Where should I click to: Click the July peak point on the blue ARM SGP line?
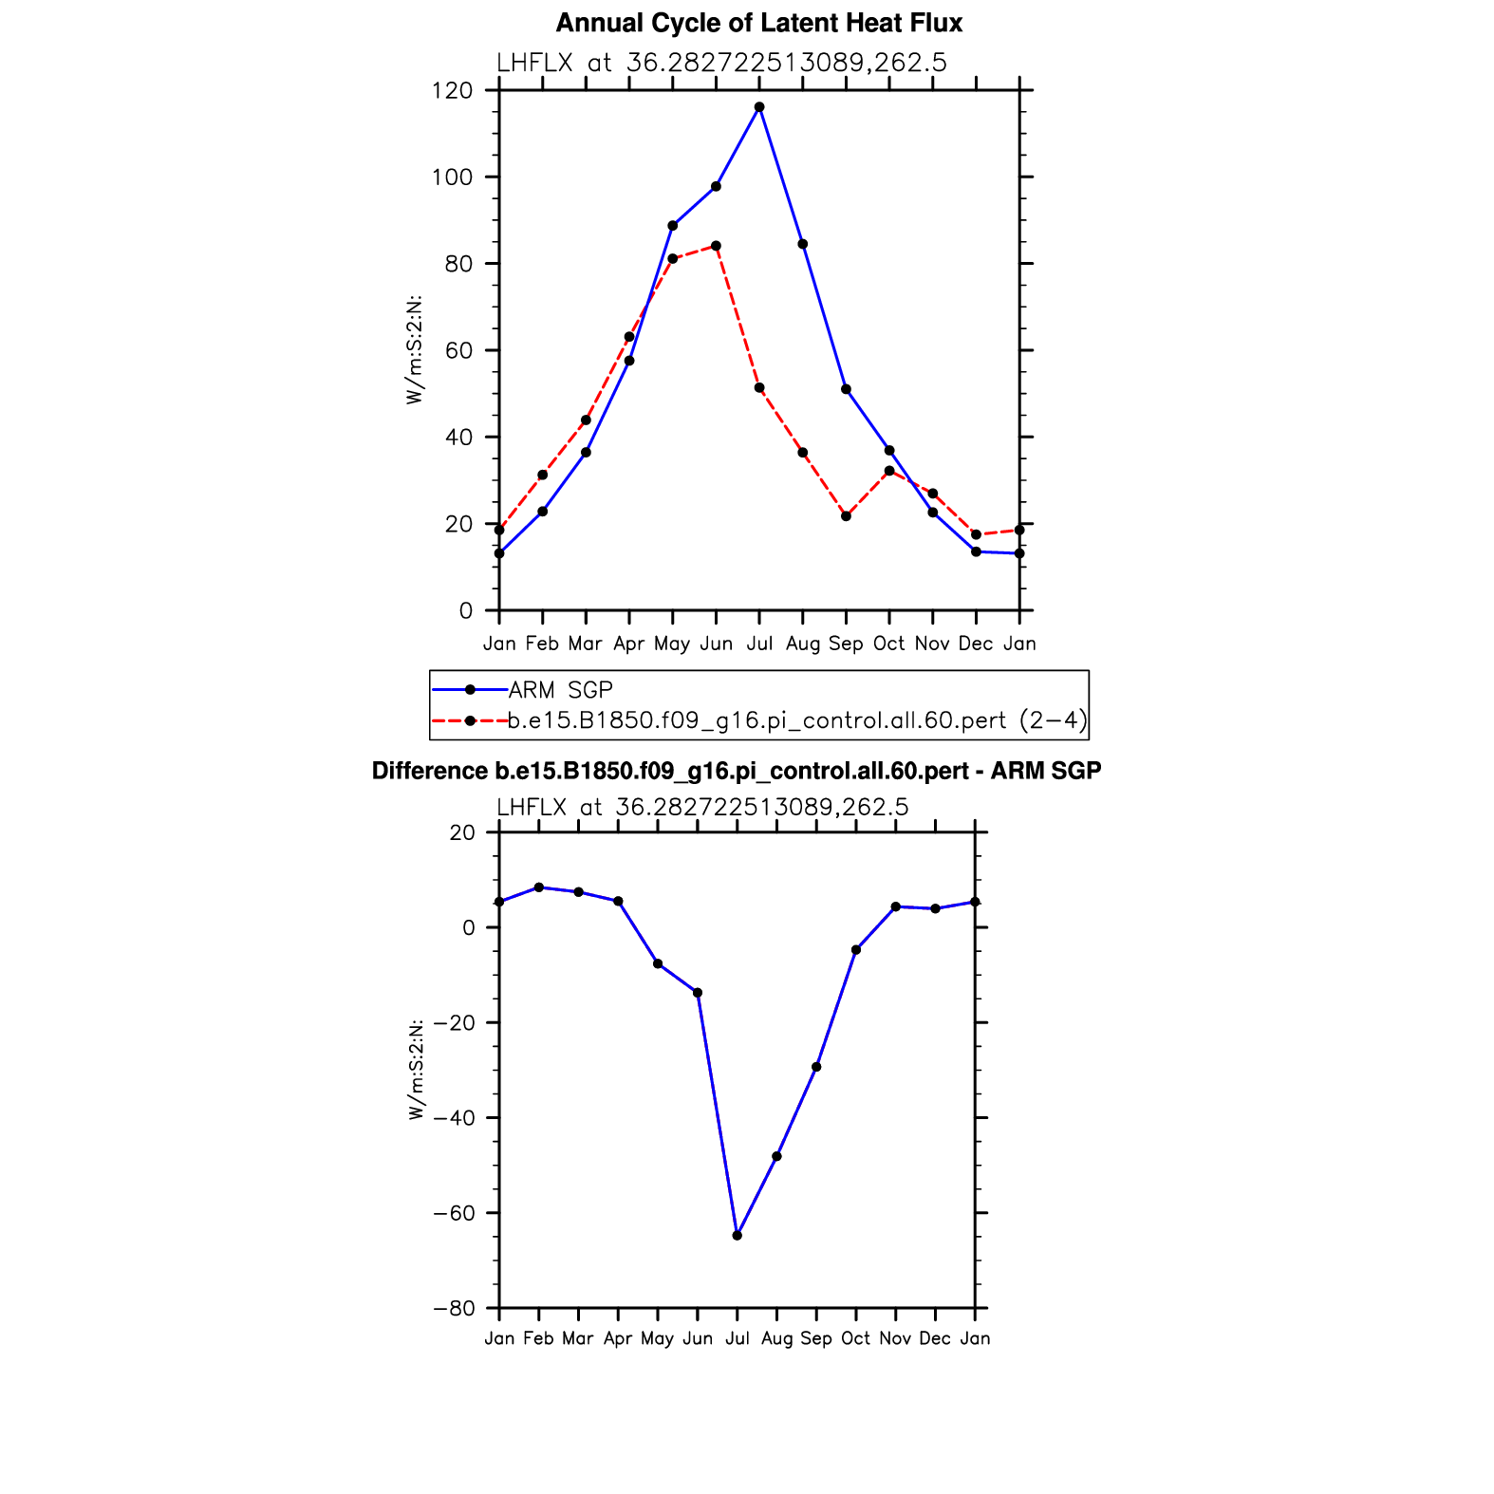tap(759, 107)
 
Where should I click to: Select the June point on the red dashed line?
tap(716, 246)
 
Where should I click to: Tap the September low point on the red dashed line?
tap(846, 516)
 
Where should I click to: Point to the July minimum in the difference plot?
tap(738, 1235)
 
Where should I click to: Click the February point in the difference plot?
tap(539, 887)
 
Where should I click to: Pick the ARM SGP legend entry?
tap(560, 690)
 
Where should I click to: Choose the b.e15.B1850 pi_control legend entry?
tap(797, 721)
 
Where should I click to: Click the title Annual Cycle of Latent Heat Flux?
tap(759, 23)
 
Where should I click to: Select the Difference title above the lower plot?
tap(737, 771)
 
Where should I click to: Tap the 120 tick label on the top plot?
tap(452, 91)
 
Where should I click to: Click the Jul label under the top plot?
tap(759, 644)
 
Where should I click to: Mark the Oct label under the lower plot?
tap(855, 1338)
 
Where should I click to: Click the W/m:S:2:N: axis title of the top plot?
tap(415, 350)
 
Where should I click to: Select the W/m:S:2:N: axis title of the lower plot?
tap(417, 1070)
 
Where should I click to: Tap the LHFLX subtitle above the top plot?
tap(721, 64)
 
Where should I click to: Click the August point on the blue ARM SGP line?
tap(802, 244)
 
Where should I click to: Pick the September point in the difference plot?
tap(816, 1067)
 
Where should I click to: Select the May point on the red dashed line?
tap(672, 258)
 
